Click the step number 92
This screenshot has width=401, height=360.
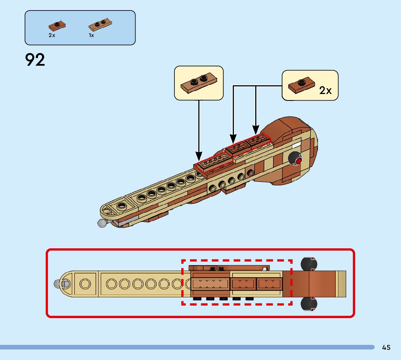point(35,60)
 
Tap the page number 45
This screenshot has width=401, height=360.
point(386,347)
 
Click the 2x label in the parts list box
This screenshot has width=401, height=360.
point(52,35)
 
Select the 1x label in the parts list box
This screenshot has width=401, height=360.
point(91,35)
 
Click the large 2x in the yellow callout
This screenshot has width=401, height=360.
point(325,90)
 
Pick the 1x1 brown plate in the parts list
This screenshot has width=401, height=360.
point(57,25)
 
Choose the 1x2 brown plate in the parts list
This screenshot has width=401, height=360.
point(100,25)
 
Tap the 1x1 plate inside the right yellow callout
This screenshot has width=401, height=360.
point(301,84)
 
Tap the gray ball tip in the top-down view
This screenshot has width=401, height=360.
point(57,284)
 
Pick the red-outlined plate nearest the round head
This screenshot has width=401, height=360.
point(258,140)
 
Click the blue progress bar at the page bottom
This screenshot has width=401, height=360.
point(187,347)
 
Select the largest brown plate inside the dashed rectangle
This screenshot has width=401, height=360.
point(211,284)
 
